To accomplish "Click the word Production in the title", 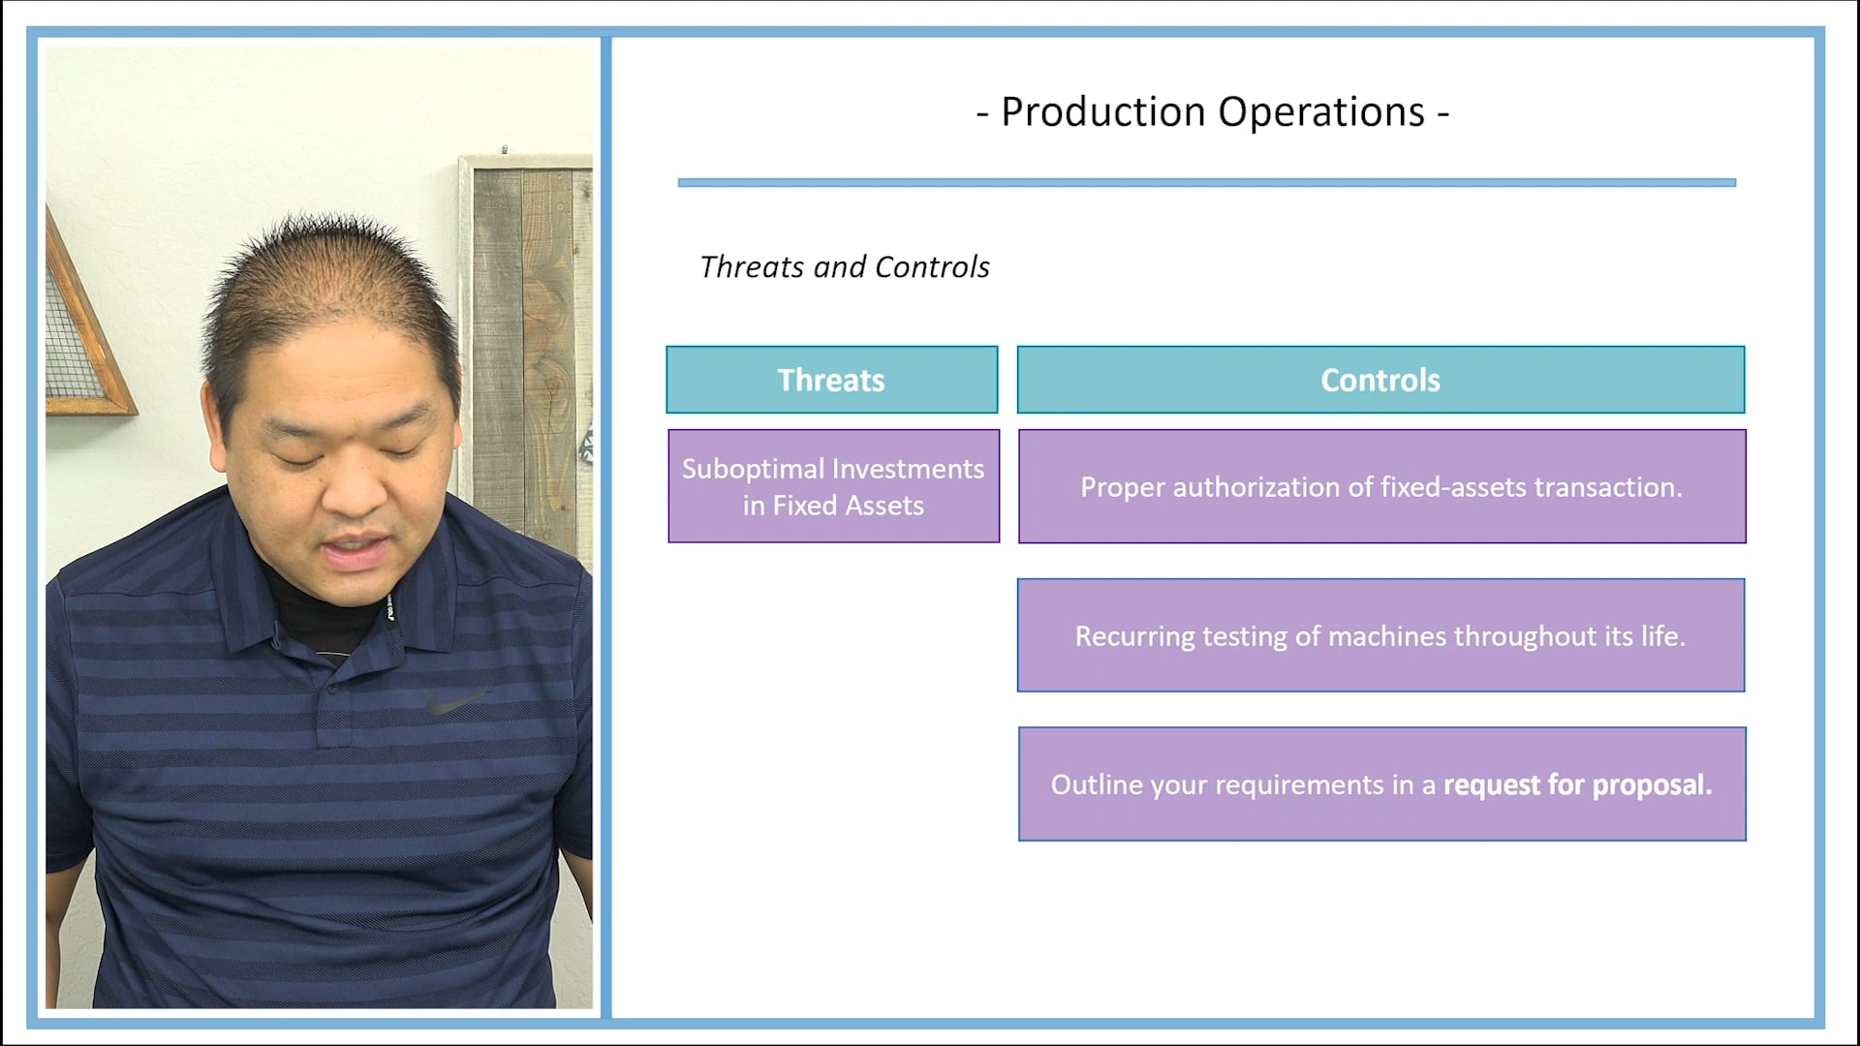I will click(1101, 112).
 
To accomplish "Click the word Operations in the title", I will click(1321, 112).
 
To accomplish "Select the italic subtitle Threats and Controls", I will click(844, 267).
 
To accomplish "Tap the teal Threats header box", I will click(831, 380).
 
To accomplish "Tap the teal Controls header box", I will click(1380, 380).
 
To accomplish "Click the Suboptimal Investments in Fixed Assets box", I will click(833, 486).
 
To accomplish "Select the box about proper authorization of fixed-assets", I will click(1381, 486).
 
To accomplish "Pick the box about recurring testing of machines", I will click(1380, 635).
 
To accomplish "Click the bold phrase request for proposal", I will click(1577, 784).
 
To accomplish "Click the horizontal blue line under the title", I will click(1206, 182).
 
